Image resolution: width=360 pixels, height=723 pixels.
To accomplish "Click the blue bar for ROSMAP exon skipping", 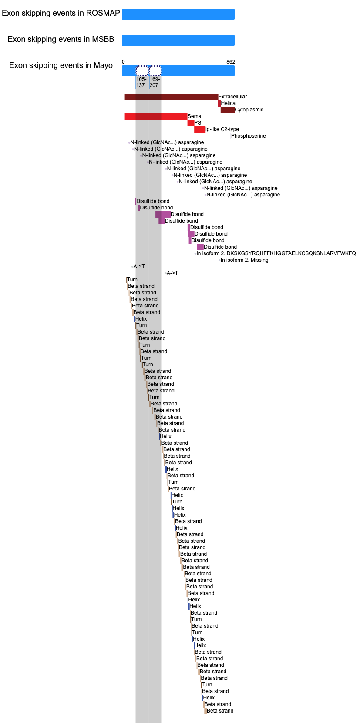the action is click(178, 14).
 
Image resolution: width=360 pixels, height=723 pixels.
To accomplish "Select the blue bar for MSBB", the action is click(178, 40).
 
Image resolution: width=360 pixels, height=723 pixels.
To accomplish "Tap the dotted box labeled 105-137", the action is click(142, 71).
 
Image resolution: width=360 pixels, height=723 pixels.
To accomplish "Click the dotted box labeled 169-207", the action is click(155, 71).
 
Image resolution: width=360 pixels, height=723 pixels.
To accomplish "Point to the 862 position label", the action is click(231, 62).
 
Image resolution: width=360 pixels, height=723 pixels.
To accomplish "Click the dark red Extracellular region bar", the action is click(171, 97).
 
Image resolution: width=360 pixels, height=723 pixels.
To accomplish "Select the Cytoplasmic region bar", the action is click(228, 110).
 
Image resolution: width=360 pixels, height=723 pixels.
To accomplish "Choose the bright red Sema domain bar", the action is click(156, 117).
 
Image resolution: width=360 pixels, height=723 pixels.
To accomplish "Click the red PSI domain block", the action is click(191, 123).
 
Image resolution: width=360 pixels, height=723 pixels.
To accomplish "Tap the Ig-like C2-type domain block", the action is click(200, 129).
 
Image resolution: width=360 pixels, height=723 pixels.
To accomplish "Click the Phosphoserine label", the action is click(249, 136).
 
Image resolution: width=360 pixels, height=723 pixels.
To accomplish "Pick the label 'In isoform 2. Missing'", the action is click(245, 260).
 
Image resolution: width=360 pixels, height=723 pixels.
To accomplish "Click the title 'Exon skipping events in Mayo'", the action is click(61, 65).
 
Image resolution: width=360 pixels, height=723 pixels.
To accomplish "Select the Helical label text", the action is click(229, 103).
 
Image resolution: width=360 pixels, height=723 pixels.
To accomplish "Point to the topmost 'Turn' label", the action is click(132, 280).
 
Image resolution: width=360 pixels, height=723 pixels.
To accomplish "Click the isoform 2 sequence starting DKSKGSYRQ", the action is click(276, 253).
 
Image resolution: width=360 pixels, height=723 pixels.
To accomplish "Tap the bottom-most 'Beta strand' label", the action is click(220, 711).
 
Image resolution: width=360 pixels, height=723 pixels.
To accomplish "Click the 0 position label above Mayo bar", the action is click(123, 62).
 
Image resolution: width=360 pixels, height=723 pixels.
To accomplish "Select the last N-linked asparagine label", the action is click(243, 195).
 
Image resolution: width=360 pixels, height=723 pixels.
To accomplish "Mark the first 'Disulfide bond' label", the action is click(153, 201).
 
